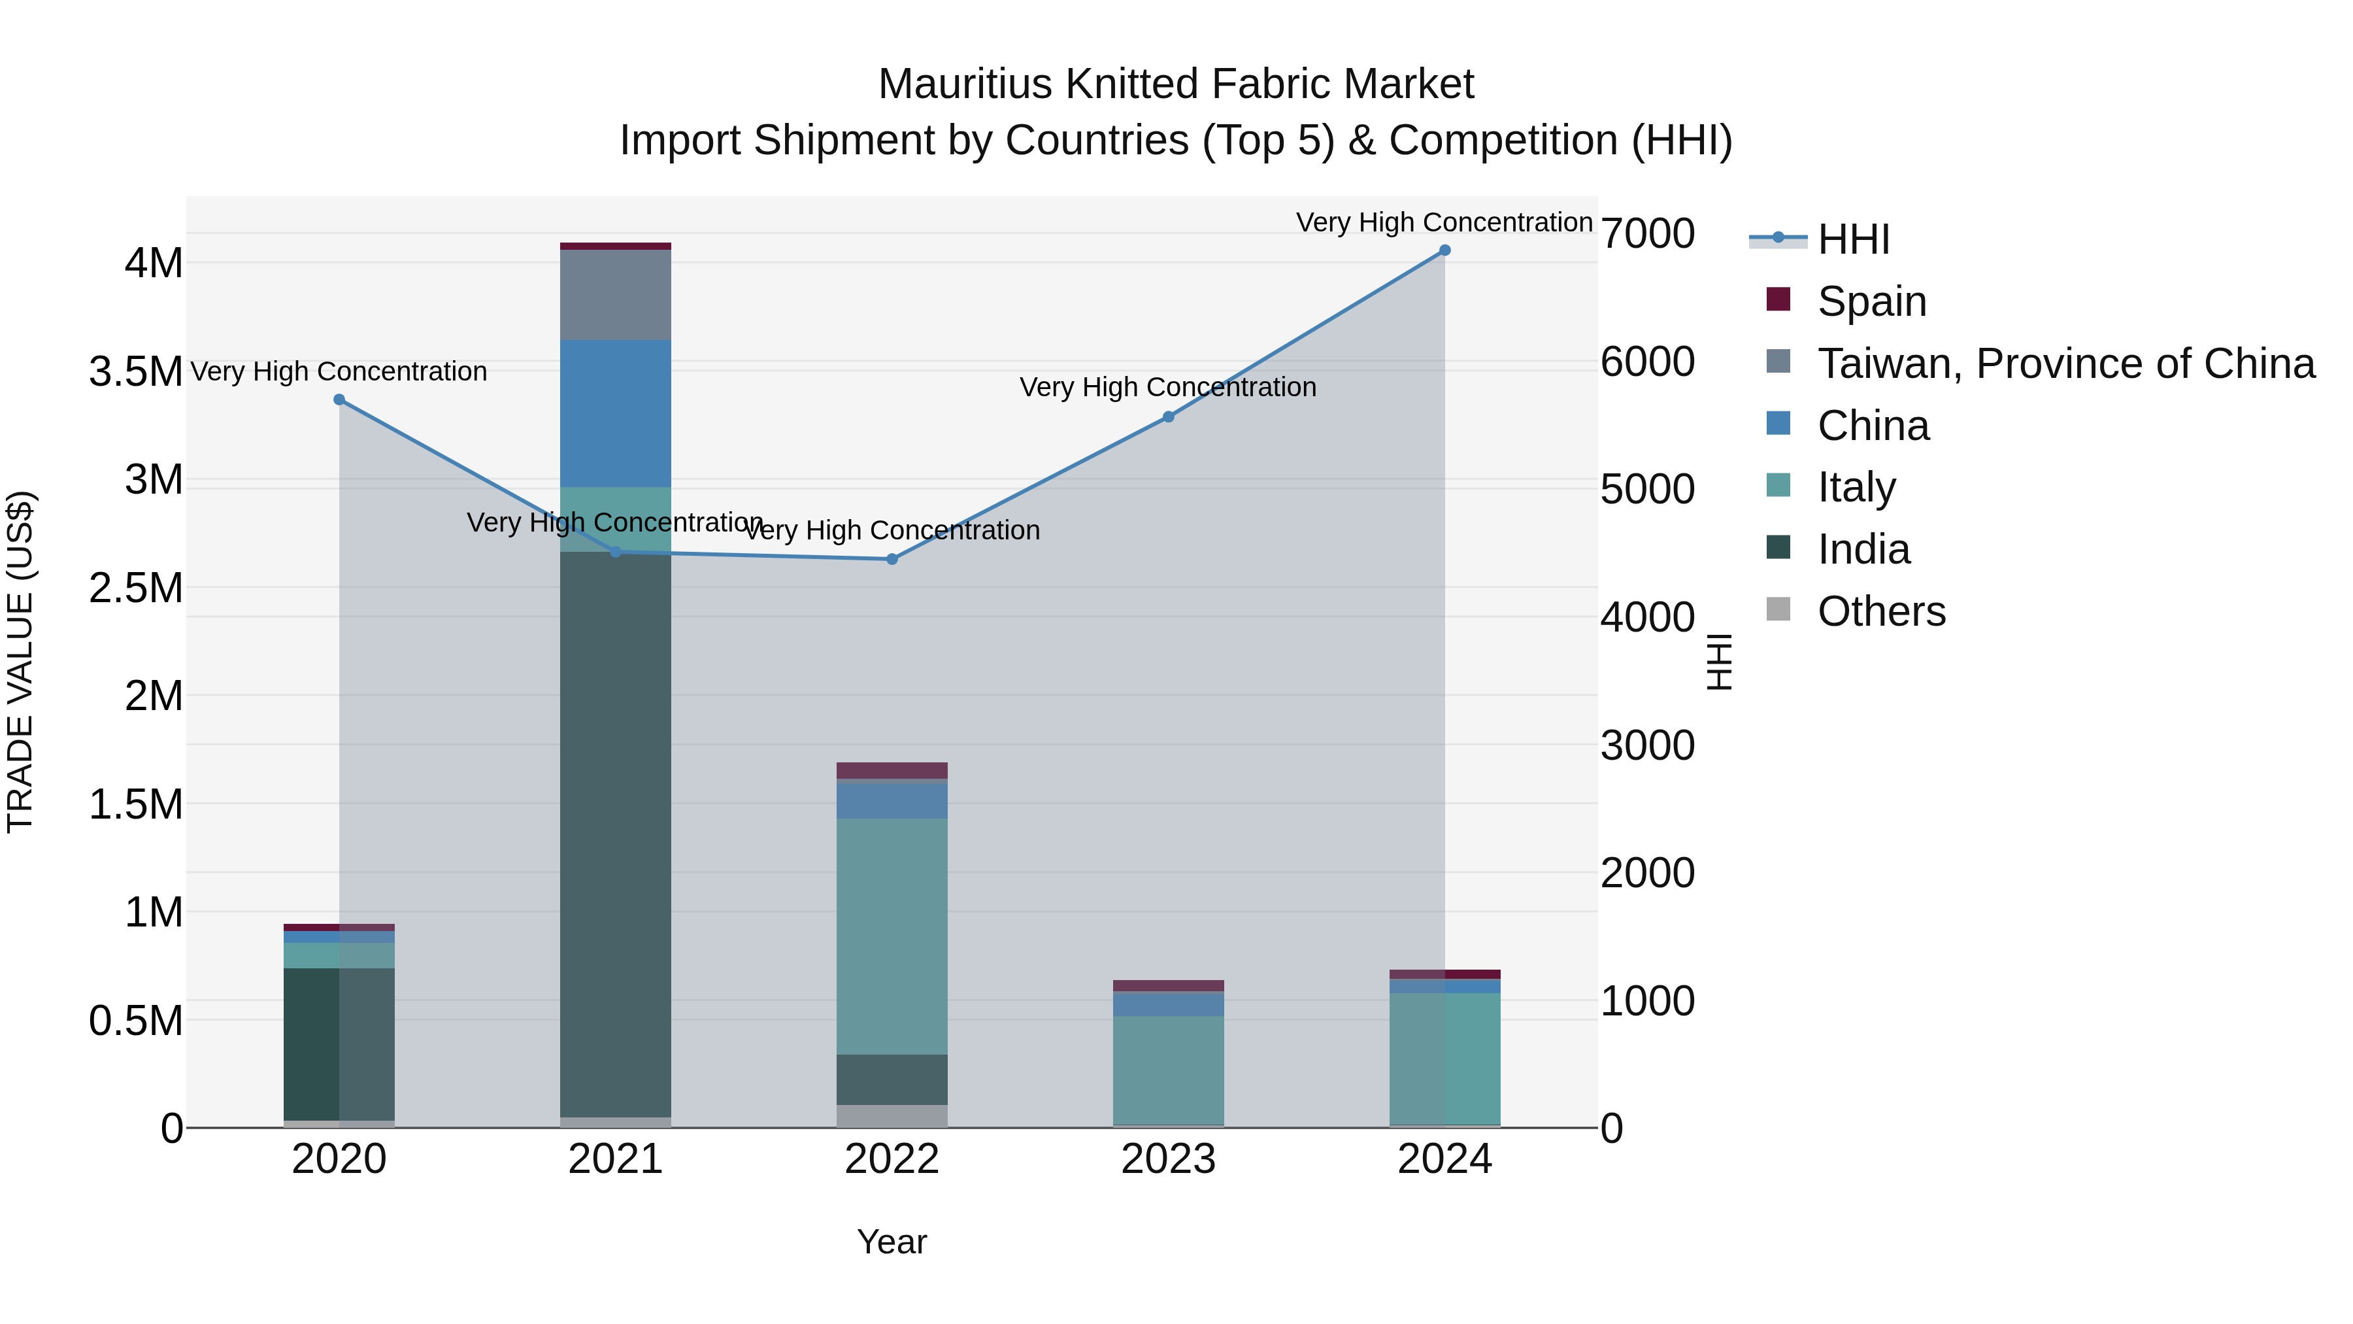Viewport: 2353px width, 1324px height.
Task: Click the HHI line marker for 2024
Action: [1444, 250]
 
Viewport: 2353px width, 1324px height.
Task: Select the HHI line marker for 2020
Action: [339, 399]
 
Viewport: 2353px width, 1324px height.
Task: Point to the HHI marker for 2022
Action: [892, 559]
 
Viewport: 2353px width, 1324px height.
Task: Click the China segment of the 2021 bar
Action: [615, 413]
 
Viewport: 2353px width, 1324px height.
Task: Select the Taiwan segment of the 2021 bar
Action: [615, 294]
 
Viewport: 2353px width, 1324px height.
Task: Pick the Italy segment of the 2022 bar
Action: [892, 936]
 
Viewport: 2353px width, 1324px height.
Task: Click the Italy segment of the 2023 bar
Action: [1168, 1069]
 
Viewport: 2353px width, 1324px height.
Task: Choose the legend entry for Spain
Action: [1871, 301]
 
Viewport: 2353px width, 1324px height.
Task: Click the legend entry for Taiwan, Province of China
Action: [2064, 364]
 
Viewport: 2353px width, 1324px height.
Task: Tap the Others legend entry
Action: [1880, 611]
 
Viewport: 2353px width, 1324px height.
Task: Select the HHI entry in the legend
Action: [1852, 239]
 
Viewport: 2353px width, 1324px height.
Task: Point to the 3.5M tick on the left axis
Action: [135, 372]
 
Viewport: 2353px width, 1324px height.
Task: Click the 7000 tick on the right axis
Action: [1648, 234]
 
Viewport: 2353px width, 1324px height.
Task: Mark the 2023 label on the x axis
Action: [1168, 1159]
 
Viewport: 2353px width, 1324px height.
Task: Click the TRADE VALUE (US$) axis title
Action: [20, 662]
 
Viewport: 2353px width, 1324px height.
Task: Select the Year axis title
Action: [892, 1242]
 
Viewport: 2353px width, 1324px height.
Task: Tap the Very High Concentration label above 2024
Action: [1444, 222]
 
